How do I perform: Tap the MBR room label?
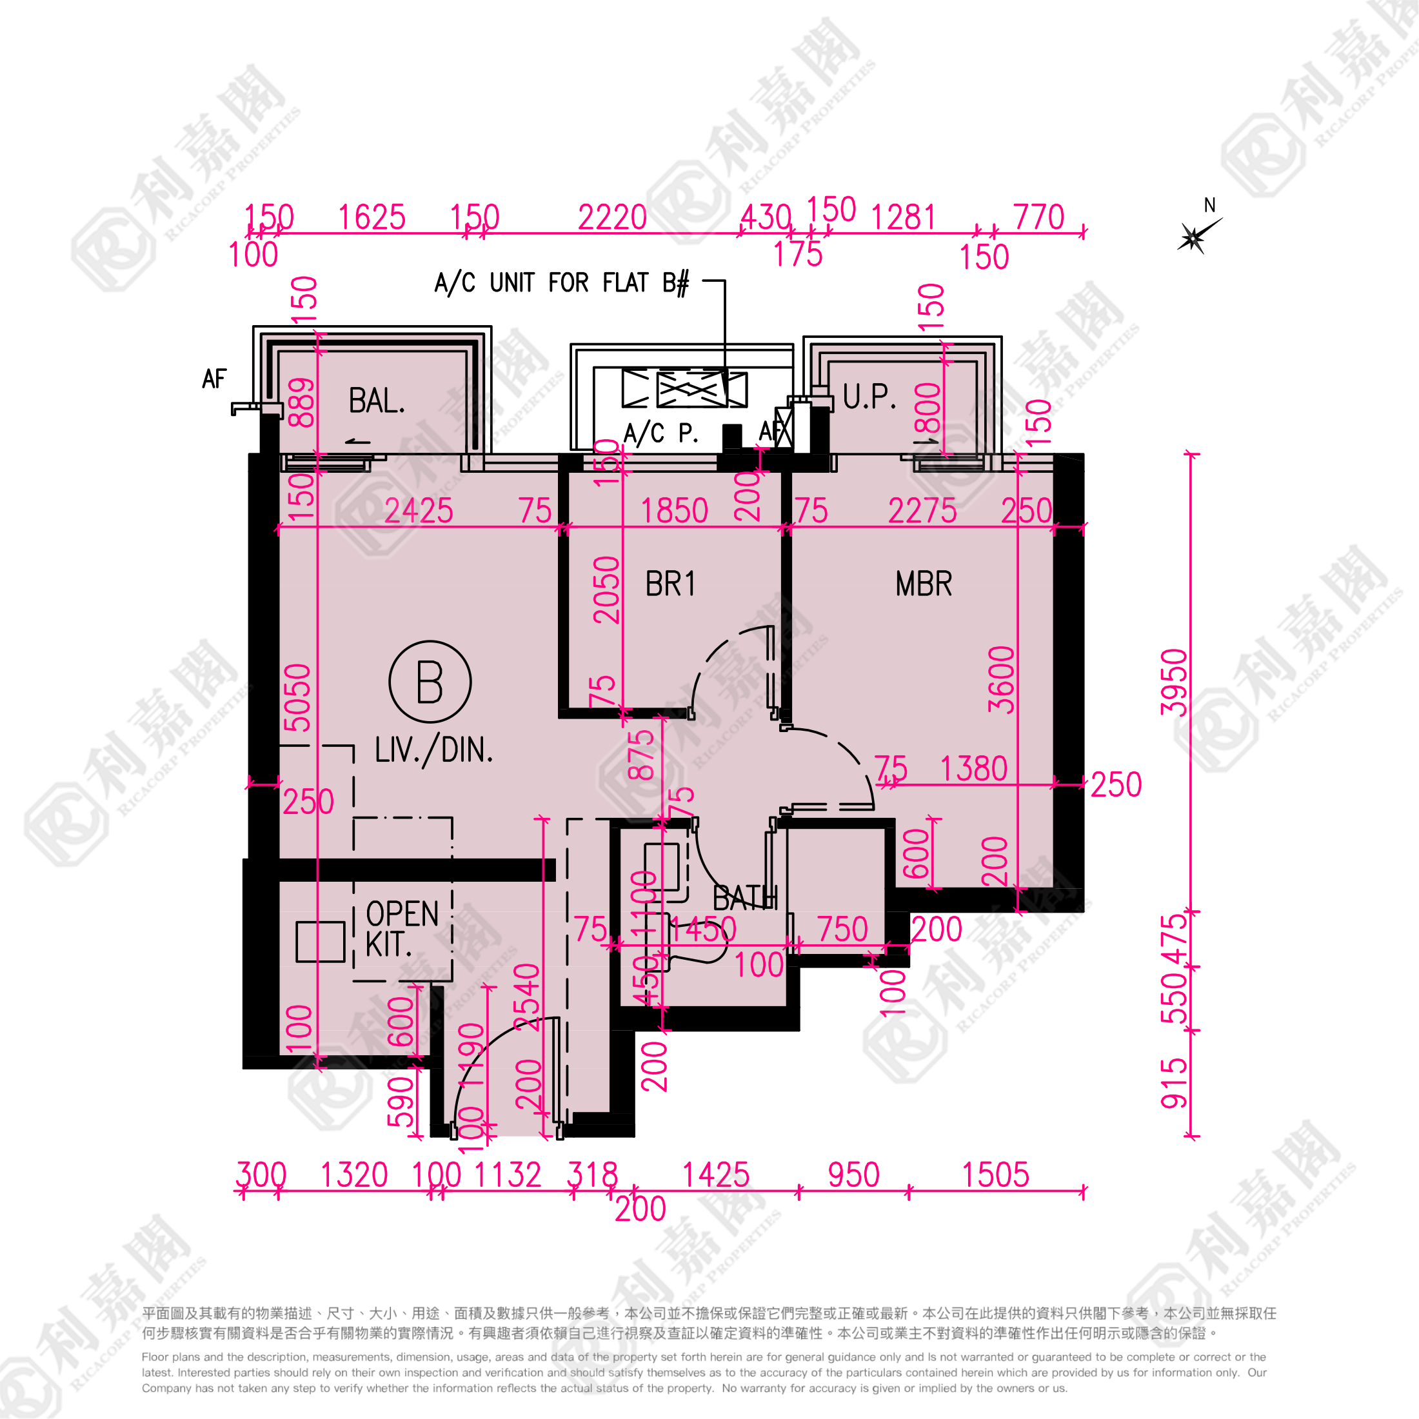pyautogui.click(x=923, y=584)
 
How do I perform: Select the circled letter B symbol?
pyautogui.click(x=430, y=682)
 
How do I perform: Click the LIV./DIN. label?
pyautogui.click(x=433, y=751)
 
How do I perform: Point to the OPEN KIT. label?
pyautogui.click(x=402, y=929)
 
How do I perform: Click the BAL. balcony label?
pyautogui.click(x=376, y=401)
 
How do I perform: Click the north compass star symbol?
pyautogui.click(x=1193, y=237)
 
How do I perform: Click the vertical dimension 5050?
pyautogui.click(x=298, y=698)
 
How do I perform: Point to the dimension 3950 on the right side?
pyautogui.click(x=1174, y=682)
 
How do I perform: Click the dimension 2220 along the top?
pyautogui.click(x=612, y=217)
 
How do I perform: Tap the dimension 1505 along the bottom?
pyautogui.click(x=995, y=1175)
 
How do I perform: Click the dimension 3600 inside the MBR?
pyautogui.click(x=1001, y=679)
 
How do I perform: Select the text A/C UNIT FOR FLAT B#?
pyautogui.click(x=562, y=283)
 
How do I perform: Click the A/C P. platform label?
pyautogui.click(x=660, y=433)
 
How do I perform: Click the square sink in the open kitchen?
pyautogui.click(x=320, y=942)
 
